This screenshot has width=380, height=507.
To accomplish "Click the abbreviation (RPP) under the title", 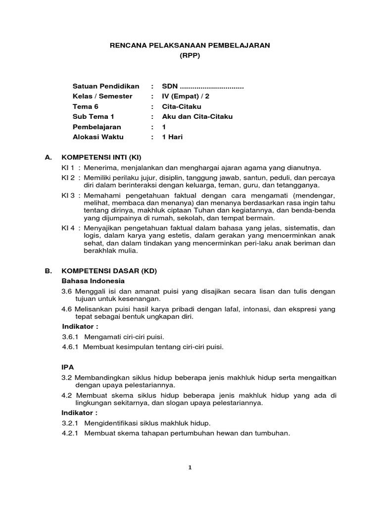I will pos(190,56).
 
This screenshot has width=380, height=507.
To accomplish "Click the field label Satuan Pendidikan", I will pos(106,86).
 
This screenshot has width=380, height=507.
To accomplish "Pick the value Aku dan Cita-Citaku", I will pos(197,117).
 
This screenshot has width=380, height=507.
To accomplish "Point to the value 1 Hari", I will pos(173,137).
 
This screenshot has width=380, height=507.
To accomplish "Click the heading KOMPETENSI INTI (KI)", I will pos(101,157).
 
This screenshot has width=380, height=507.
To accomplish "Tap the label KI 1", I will pos(67,167).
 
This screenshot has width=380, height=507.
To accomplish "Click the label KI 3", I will pos(67,196).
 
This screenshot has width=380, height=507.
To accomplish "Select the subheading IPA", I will pos(67,368).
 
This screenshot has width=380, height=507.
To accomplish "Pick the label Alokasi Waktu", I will pos(98,137).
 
